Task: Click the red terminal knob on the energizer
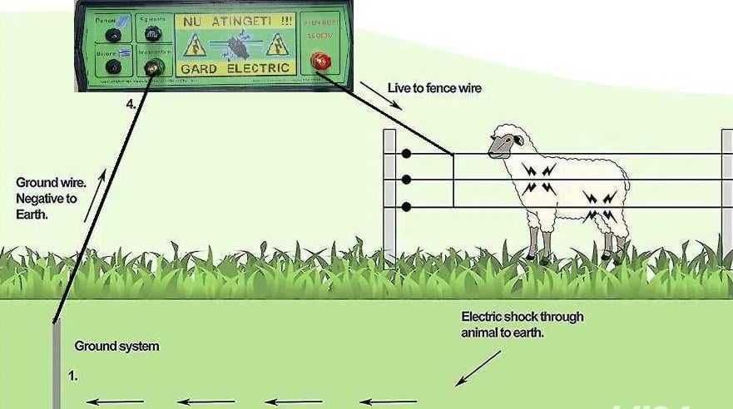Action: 319,61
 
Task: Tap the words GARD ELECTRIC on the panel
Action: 235,68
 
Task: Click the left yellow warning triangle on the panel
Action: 194,45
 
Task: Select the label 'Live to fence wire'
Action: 434,87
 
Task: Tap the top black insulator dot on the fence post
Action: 406,154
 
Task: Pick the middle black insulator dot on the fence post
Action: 406,180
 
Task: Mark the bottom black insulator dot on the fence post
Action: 406,206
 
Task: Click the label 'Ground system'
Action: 116,346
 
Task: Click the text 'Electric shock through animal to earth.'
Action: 522,324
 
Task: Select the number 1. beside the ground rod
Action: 73,377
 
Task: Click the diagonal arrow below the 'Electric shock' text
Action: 478,367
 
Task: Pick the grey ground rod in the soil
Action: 56,366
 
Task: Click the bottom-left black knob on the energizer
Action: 112,67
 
